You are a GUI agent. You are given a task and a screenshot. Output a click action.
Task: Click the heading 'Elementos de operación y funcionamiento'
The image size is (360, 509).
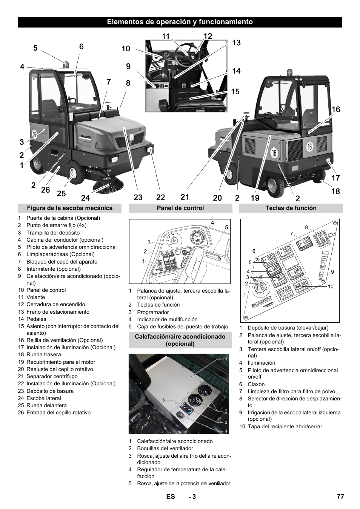[180, 22]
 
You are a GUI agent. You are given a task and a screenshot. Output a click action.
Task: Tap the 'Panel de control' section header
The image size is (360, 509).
[180, 208]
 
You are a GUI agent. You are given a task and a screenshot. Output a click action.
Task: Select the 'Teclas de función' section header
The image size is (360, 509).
[291, 208]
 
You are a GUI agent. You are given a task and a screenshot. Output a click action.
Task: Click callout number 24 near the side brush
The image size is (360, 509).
[85, 197]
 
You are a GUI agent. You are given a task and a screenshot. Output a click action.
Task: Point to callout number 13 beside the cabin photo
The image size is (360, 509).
[236, 43]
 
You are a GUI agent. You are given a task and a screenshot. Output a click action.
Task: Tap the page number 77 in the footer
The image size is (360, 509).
[340, 497]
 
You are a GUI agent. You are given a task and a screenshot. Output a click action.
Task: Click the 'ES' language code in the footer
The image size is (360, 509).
[171, 497]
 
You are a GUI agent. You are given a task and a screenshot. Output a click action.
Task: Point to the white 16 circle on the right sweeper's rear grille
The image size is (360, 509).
[309, 147]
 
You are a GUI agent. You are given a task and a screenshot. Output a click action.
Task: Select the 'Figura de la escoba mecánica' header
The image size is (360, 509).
[70, 208]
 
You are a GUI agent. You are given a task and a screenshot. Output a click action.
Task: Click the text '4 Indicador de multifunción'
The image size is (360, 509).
[164, 319]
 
